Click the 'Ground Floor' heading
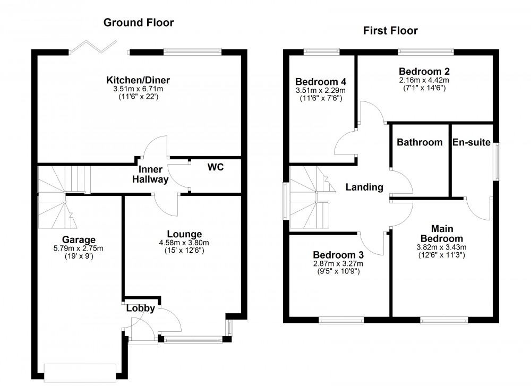pos(138,22)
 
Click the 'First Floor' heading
pos(390,31)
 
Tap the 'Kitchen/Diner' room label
pos(138,80)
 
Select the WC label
pos(216,167)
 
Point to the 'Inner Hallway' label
pos(153,174)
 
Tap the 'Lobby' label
pos(140,308)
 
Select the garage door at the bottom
pos(80,371)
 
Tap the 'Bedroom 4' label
pos(321,82)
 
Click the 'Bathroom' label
pos(419,142)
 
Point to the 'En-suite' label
pos(472,142)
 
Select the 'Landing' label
pos(364,187)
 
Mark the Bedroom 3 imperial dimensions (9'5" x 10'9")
pos(338,271)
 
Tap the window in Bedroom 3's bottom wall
pos(341,320)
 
